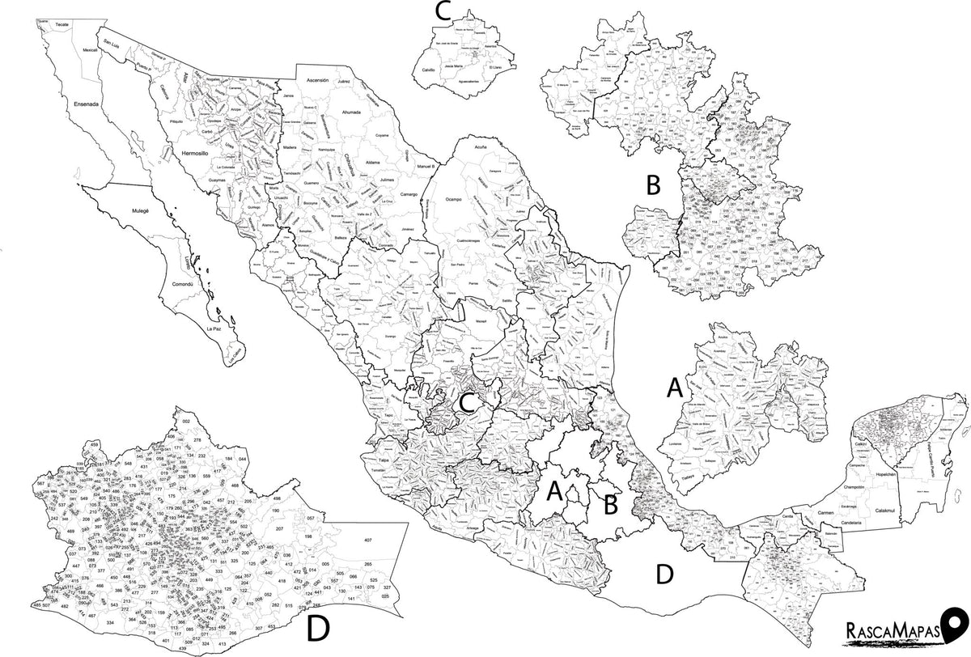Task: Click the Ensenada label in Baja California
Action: coord(86,104)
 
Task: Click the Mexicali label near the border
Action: coord(90,50)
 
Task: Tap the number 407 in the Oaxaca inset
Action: coord(367,540)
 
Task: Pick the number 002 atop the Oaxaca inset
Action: coord(185,422)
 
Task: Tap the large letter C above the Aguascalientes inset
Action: coord(443,11)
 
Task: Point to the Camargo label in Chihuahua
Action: coord(409,195)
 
